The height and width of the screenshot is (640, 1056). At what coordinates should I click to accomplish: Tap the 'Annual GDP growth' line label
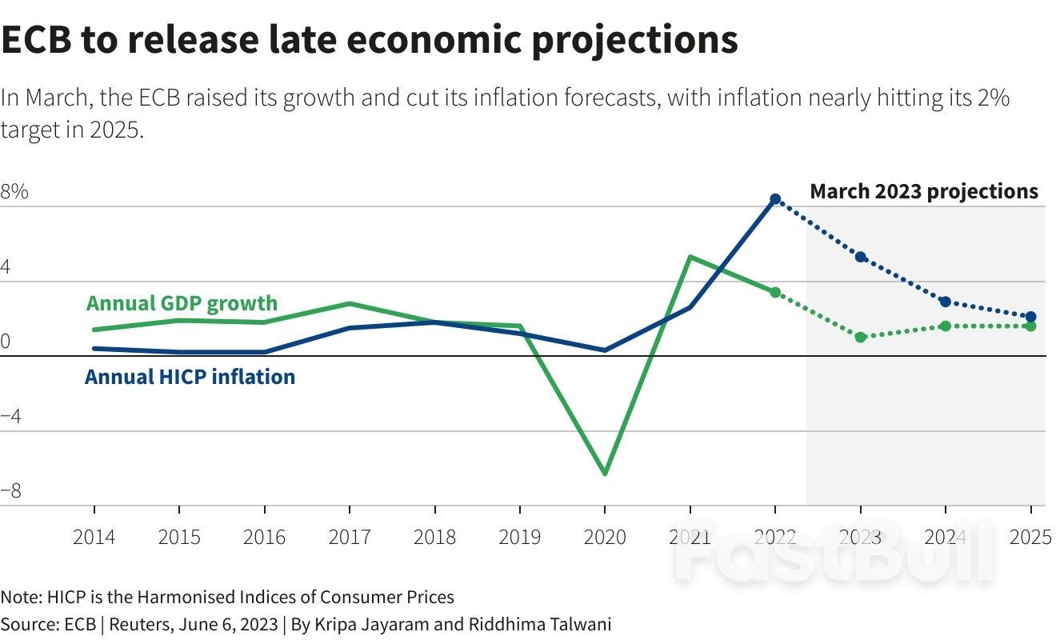pyautogui.click(x=182, y=303)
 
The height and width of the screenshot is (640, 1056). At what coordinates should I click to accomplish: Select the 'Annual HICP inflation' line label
pyautogui.click(x=190, y=376)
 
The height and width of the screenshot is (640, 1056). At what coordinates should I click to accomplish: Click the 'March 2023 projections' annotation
pyautogui.click(x=924, y=191)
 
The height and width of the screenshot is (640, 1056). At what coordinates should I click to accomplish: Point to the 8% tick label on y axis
pyautogui.click(x=14, y=193)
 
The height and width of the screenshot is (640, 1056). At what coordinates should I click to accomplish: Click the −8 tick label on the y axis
pyautogui.click(x=11, y=491)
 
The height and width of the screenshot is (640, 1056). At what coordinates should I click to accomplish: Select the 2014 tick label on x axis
pyautogui.click(x=94, y=537)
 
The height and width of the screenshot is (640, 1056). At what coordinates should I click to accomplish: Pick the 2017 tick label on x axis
pyautogui.click(x=350, y=537)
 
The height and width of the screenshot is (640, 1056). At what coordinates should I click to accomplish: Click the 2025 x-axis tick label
pyautogui.click(x=1030, y=537)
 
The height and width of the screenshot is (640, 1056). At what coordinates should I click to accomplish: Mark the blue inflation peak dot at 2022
pyautogui.click(x=775, y=198)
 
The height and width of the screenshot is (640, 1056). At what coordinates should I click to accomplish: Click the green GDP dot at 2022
pyautogui.click(x=775, y=292)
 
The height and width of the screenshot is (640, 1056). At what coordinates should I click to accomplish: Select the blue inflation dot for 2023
pyautogui.click(x=861, y=257)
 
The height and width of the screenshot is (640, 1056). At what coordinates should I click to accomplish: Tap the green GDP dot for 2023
pyautogui.click(x=861, y=337)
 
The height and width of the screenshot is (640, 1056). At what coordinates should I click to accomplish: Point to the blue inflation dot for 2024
pyautogui.click(x=946, y=302)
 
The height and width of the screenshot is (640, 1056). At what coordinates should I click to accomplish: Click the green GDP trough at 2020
pyautogui.click(x=605, y=473)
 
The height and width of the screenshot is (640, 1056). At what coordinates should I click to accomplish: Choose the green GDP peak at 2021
pyautogui.click(x=690, y=258)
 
